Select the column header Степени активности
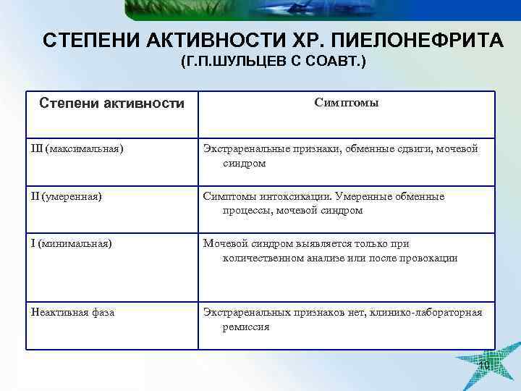click(111, 104)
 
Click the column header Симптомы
click(347, 103)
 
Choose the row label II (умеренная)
click(66, 196)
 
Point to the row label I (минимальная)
click(71, 244)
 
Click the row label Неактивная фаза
click(72, 313)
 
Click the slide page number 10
click(484, 365)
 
